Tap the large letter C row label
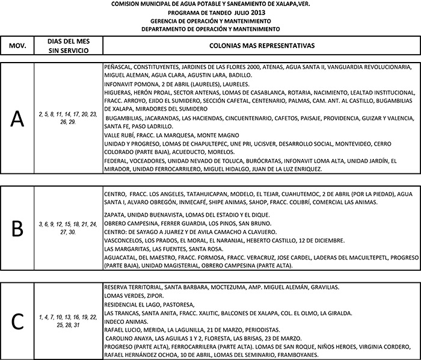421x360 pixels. [18, 320]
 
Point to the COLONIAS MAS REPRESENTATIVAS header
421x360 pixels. [261, 45]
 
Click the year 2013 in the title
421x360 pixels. [240, 12]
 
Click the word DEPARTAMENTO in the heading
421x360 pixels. [166, 28]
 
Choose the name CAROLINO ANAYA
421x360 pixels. [126, 338]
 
